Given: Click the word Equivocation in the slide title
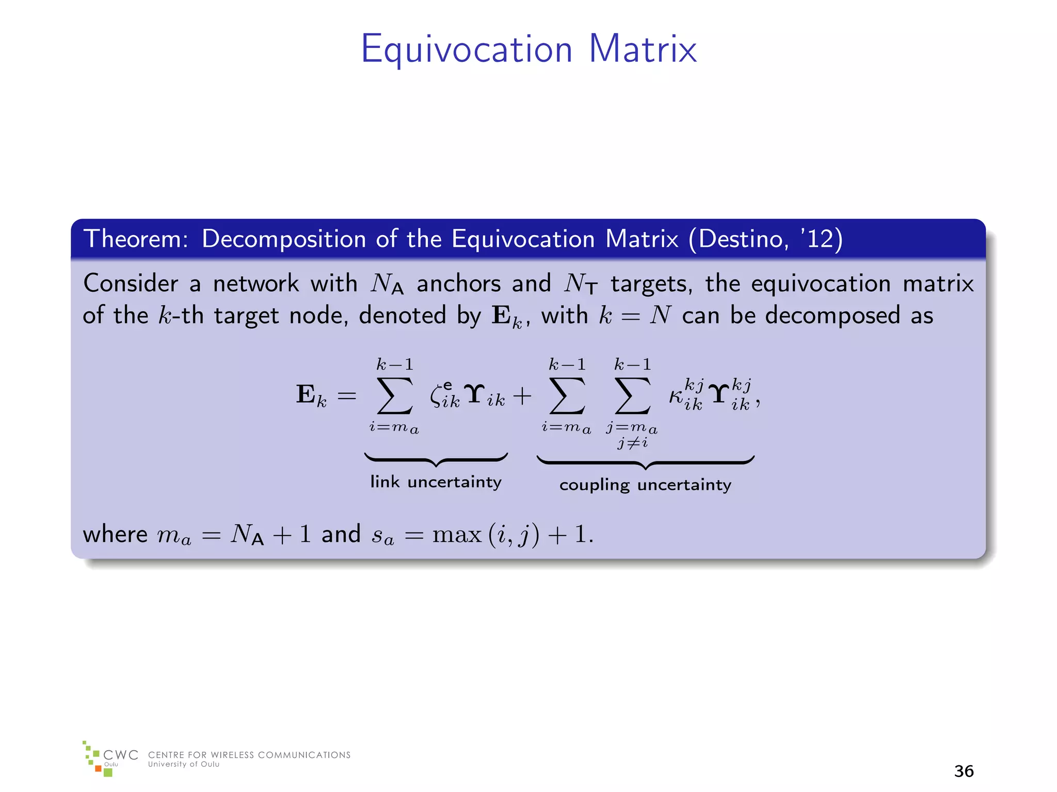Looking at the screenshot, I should click(467, 50).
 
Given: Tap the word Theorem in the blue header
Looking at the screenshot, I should click(136, 239).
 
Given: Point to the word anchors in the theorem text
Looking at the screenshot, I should click(458, 284).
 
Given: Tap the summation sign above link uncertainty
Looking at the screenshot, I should click(395, 396).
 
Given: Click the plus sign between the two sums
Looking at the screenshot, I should click(522, 396).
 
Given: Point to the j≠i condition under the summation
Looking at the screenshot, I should click(632, 442).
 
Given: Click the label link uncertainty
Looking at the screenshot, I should click(436, 482).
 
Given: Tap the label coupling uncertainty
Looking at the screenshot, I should click(645, 485).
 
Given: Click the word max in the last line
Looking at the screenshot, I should click(457, 535).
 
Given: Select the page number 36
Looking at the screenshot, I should click(964, 771).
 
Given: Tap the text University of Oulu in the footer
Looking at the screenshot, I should click(184, 765).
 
